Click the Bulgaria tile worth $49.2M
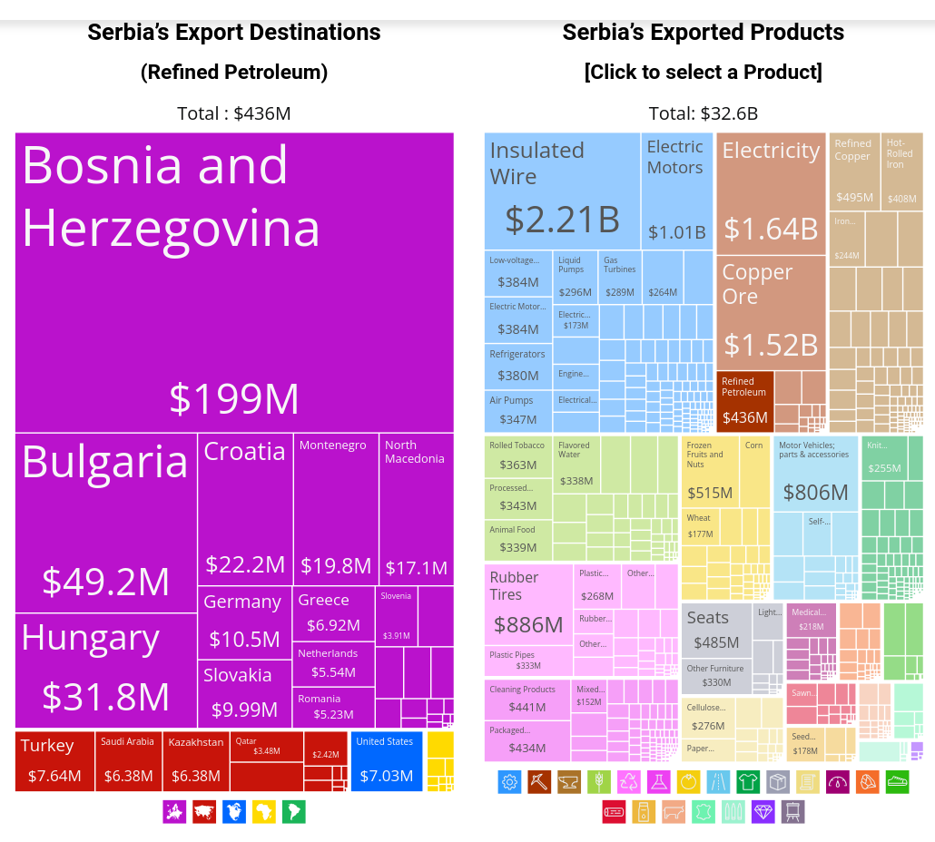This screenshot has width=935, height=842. coord(106,522)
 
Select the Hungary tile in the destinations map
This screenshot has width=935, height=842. coord(106,670)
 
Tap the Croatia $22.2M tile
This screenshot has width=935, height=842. coord(245,508)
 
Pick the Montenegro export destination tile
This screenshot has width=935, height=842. coord(336,508)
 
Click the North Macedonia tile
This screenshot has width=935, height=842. coord(416,508)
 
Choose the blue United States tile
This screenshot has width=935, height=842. coord(386,760)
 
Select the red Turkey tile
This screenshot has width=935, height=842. coord(54,760)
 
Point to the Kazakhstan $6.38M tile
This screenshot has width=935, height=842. coord(195,760)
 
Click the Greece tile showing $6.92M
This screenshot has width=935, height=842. coord(333,612)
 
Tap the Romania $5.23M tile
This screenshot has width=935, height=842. coord(333,707)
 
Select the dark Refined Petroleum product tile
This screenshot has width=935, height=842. coord(744,400)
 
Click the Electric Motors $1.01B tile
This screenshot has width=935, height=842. coord(676,191)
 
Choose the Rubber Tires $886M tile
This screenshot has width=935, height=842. coord(528,603)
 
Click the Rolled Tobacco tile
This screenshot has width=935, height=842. coord(517,455)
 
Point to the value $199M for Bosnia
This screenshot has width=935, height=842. coord(234,398)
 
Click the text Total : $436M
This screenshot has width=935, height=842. coord(234,113)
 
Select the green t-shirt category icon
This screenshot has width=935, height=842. coord(748,781)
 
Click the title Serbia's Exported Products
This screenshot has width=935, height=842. coord(703,33)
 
